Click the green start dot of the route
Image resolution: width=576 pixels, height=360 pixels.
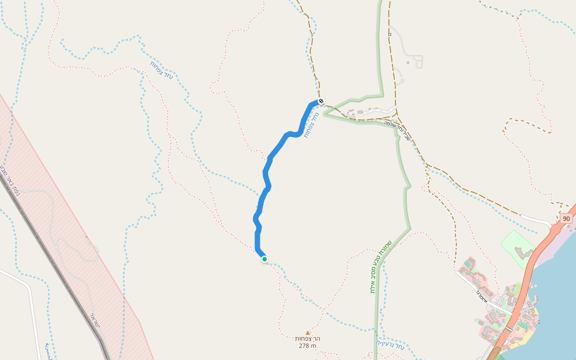click(x=264, y=259)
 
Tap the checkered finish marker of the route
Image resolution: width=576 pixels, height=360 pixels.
click(x=321, y=101)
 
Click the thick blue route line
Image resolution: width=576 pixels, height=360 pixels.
click(x=267, y=174)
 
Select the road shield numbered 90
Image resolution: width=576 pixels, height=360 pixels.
click(x=566, y=218)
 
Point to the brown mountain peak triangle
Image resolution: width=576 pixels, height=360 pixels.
click(x=308, y=332)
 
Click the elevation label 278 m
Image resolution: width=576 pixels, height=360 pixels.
click(x=307, y=346)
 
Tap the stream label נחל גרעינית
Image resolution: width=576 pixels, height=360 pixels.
click(x=391, y=346)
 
